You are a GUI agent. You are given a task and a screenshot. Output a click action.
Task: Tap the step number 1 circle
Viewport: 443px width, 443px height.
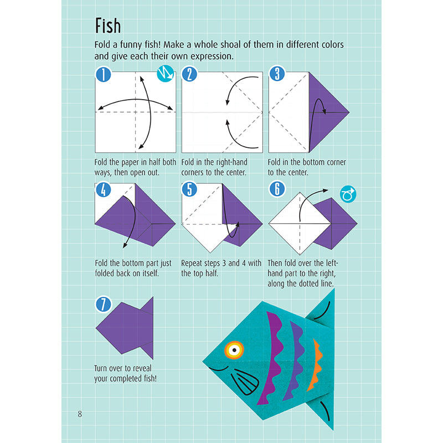tap(103, 74)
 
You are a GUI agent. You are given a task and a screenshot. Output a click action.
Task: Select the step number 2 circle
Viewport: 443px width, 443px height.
tap(189, 74)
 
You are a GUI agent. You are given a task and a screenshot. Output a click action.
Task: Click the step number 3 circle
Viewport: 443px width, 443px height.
tap(276, 74)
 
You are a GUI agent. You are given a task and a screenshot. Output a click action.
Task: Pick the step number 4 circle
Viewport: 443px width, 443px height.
tap(103, 190)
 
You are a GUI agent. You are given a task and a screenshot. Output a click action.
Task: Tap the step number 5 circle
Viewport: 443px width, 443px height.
tap(189, 190)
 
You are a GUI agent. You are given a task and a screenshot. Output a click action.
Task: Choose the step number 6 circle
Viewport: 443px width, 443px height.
tap(276, 190)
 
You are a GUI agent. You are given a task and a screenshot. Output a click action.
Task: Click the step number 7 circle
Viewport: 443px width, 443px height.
tap(103, 304)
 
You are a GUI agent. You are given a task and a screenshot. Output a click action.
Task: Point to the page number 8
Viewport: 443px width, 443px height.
tap(80, 414)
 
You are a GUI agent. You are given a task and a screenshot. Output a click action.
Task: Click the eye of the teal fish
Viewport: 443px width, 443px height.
tap(233, 349)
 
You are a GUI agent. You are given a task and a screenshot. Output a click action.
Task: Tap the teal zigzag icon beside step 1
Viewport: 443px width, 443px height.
tap(166, 74)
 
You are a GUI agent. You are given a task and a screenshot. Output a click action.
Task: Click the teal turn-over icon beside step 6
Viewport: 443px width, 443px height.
tap(348, 194)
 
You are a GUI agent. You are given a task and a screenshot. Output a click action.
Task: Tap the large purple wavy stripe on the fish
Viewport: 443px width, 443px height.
tap(273, 354)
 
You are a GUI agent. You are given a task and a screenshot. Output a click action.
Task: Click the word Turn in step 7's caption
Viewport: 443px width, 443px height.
tap(105, 368)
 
